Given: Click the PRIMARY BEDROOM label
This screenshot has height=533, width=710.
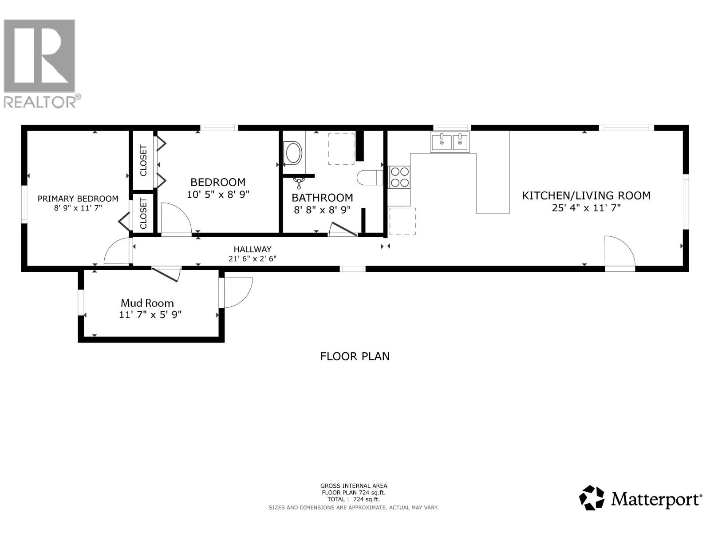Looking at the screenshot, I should click(x=78, y=199).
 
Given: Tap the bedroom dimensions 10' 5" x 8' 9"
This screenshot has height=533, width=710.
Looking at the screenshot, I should click(x=218, y=194).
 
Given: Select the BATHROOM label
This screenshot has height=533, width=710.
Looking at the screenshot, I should click(x=322, y=198).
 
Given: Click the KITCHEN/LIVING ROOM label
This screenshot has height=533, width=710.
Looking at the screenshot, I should click(x=586, y=195).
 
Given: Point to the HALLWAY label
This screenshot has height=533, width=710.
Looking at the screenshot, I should click(x=252, y=249).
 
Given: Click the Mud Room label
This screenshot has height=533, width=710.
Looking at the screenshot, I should click(x=147, y=303).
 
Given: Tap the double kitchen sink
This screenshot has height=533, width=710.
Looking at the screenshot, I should click(x=450, y=142).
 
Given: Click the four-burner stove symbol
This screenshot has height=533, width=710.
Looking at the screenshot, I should click(x=399, y=177).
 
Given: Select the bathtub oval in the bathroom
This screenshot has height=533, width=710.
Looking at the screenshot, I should click(x=293, y=153).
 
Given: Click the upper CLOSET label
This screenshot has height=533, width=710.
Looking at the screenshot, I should click(x=143, y=160).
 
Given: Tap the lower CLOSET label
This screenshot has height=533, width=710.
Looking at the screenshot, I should click(x=143, y=213).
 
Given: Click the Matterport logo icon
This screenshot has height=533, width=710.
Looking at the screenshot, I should click(x=592, y=497).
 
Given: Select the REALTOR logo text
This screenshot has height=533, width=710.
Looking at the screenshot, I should click(x=40, y=102).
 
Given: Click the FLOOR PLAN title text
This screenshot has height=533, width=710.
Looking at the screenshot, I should click(x=355, y=356).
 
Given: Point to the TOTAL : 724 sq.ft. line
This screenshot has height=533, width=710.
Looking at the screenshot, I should click(x=353, y=499).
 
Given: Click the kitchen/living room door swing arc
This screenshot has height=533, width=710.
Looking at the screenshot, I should click(x=620, y=251).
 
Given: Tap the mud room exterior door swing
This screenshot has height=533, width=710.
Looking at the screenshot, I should click(x=237, y=292).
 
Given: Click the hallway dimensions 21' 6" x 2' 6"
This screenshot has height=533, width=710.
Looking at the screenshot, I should click(x=252, y=259).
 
